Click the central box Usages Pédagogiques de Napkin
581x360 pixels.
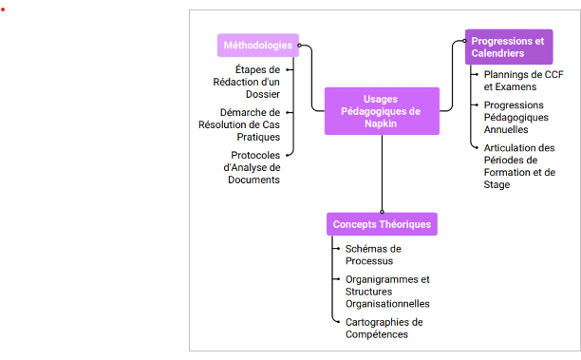[382, 111]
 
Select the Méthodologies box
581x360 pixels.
[258, 46]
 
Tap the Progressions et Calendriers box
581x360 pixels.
[509, 47]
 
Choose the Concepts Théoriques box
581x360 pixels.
[382, 224]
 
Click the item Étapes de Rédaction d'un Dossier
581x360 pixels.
[247, 82]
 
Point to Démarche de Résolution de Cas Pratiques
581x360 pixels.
[239, 124]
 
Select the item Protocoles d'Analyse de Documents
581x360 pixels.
[252, 167]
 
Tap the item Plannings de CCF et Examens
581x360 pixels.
[523, 81]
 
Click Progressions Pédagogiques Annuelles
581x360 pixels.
[515, 117]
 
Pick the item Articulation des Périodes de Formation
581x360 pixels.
[519, 166]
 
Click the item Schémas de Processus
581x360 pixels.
[373, 255]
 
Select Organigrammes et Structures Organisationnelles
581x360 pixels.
[387, 292]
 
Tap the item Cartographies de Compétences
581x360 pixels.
[384, 328]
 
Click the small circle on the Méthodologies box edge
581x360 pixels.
[299, 46]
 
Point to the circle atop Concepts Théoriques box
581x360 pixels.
[382, 212]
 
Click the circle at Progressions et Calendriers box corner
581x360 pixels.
[464, 41]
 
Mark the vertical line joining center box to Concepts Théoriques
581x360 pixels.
[382, 172]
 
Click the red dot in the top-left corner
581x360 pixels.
[3, 9]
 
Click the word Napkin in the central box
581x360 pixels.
[381, 123]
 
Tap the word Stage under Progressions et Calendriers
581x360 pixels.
[497, 184]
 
